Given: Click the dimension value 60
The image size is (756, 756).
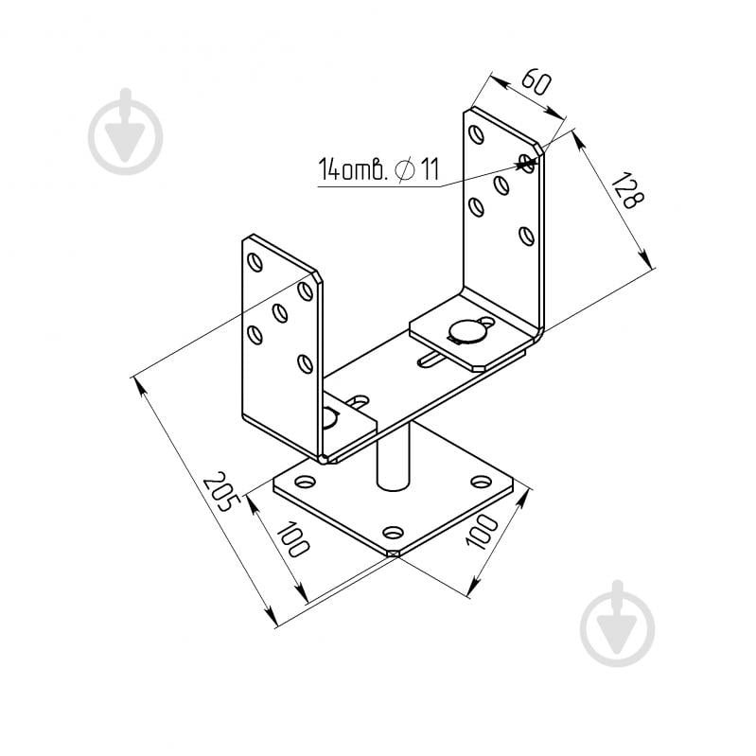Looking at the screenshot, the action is [x=536, y=82].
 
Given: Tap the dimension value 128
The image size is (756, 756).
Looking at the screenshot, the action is [x=627, y=189].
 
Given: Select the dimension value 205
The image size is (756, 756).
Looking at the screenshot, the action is [x=221, y=491].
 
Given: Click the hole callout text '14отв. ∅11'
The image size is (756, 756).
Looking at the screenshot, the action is [x=378, y=168].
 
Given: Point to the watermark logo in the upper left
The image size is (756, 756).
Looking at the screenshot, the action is [x=125, y=132].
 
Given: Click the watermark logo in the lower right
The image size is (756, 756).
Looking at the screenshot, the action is [x=618, y=624].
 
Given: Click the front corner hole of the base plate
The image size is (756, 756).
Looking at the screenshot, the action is [x=394, y=533].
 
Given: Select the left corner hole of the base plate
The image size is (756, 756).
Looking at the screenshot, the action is [x=306, y=482].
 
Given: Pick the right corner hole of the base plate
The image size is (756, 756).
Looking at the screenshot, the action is [x=481, y=482].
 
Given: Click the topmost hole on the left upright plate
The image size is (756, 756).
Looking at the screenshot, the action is [x=255, y=262].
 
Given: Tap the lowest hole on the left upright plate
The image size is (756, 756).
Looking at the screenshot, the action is [x=305, y=363].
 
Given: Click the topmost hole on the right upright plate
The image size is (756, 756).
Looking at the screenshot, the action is [x=476, y=134].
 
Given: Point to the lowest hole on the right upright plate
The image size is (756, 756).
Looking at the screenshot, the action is [x=527, y=236].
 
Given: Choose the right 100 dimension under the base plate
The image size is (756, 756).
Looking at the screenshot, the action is [x=482, y=532].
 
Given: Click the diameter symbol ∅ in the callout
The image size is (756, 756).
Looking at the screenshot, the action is [x=405, y=169].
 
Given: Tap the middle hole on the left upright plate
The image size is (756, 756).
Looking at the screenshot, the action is [x=280, y=313].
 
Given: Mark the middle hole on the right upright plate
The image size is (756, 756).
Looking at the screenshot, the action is [x=501, y=185].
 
